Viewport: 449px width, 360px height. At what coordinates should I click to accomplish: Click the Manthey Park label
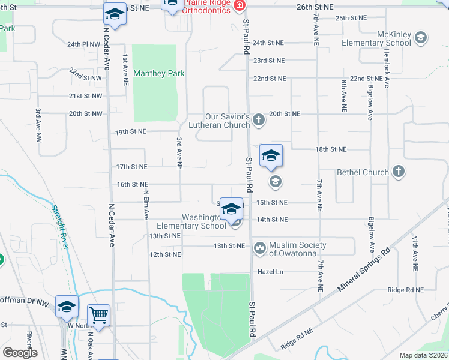pos(158,74)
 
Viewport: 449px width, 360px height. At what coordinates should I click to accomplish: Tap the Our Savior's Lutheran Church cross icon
pos(259,120)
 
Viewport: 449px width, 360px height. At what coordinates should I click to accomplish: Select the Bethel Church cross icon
pos(397,172)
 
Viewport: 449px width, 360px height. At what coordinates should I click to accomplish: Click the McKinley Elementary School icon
pos(421,38)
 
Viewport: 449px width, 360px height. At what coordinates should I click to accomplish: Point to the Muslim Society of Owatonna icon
pos(260,247)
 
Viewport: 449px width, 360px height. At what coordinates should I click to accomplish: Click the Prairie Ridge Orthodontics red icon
pos(238,5)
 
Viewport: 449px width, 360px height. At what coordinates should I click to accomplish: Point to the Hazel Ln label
pos(270,272)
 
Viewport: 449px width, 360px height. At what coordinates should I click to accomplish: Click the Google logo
pos(20,353)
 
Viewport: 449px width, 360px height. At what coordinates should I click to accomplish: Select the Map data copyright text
pos(423,355)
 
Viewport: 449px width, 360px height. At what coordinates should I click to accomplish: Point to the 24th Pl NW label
pos(83,44)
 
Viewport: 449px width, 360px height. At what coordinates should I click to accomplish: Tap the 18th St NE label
pos(331,149)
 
